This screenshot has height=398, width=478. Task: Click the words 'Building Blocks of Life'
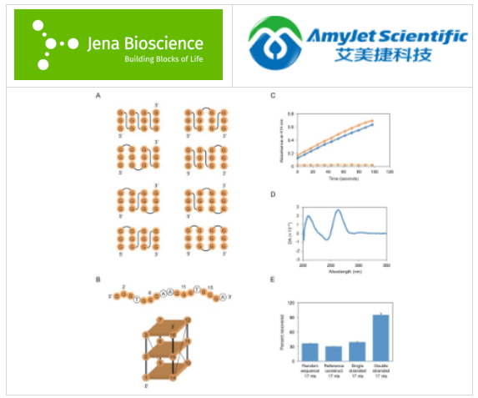coord(163,59)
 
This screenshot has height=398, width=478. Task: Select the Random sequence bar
coord(309,350)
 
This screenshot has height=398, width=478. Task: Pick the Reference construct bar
coord(333,351)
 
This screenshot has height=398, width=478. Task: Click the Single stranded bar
coord(356,349)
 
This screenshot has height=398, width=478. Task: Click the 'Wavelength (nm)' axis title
coord(343,271)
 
